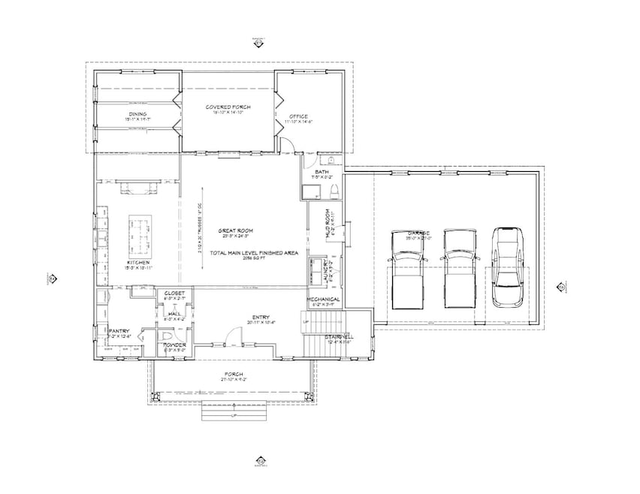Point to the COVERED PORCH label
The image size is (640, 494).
(x=228, y=107)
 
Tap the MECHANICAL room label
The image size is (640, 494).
(x=324, y=299)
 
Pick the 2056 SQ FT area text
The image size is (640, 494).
(x=253, y=259)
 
